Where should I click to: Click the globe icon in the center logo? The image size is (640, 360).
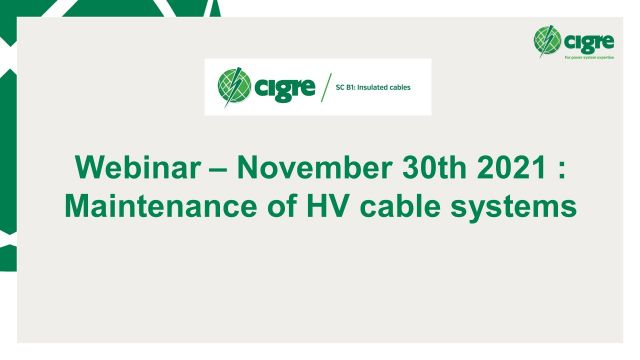coord(232,86)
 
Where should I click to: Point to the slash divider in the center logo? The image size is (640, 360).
coord(328,87)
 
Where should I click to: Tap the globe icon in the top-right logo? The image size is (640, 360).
coord(549,41)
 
